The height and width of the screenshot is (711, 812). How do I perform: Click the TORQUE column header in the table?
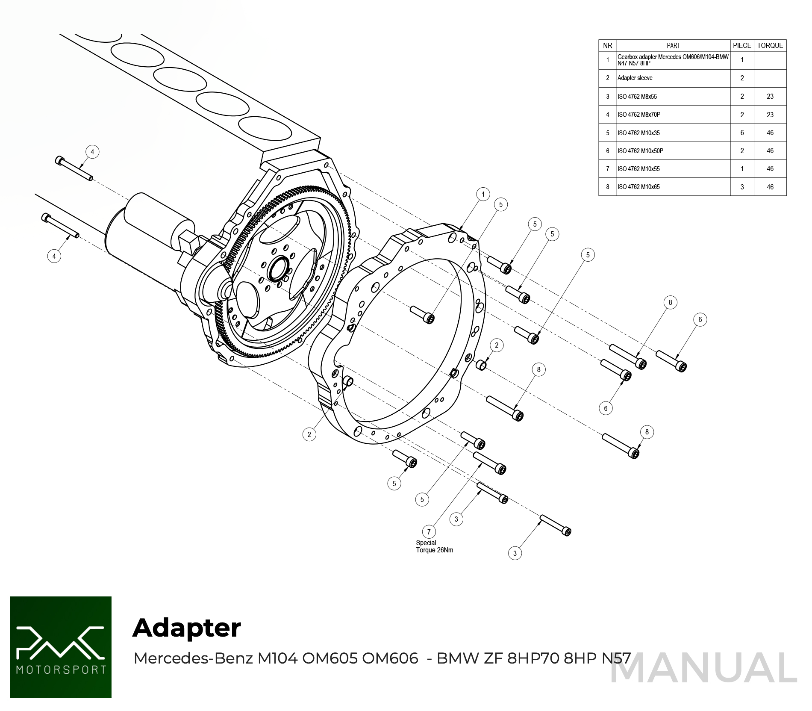[770, 45]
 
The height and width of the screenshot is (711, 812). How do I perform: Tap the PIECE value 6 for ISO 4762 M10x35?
[742, 133]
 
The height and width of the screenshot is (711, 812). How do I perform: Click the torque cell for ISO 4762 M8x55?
[770, 97]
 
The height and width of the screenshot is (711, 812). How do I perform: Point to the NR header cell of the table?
[607, 46]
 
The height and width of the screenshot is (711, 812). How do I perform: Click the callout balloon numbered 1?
[483, 194]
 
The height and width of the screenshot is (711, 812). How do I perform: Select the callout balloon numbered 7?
[429, 532]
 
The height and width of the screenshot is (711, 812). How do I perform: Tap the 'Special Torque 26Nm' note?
[434, 546]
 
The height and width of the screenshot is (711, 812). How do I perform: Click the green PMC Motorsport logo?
[61, 647]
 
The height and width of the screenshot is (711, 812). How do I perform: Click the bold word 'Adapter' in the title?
[187, 628]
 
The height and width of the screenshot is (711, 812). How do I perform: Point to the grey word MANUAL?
[703, 668]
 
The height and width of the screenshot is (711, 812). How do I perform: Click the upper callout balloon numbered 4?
[92, 152]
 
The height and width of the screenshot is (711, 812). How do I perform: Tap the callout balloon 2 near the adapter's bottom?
[309, 434]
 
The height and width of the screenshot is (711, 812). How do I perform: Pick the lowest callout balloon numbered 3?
[515, 553]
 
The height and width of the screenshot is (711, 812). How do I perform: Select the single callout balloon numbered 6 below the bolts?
[606, 408]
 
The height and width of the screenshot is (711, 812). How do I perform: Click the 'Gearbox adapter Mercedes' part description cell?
[673, 60]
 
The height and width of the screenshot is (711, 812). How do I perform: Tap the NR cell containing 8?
[607, 187]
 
